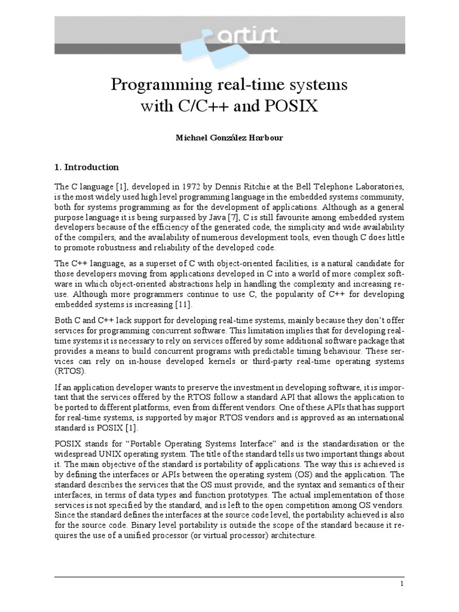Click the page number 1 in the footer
(402, 584)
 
